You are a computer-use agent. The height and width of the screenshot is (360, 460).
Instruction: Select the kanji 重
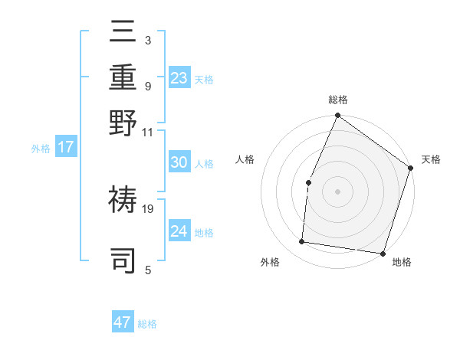pos(123,79)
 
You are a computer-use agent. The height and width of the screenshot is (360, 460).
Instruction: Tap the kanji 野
pos(123,123)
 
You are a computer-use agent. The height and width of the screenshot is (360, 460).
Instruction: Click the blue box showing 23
pos(179,78)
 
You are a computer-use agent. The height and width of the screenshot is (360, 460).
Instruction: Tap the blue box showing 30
pos(179,162)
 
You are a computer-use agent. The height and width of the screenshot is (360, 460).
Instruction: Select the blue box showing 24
pos(179,231)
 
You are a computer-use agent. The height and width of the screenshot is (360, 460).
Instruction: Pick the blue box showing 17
pos(66,147)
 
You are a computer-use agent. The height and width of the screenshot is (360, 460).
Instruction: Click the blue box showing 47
pos(123,322)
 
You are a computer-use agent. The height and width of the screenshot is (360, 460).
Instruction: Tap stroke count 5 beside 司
pos(147,270)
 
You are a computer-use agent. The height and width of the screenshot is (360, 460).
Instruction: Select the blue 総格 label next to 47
pos(147,324)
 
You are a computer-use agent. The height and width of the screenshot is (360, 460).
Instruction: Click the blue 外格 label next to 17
pos(41,149)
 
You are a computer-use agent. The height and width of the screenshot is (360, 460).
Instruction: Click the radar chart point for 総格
pos(337,116)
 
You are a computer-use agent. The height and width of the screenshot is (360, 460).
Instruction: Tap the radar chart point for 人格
pos(308,182)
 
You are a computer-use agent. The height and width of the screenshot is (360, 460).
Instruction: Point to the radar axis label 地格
pos(402,263)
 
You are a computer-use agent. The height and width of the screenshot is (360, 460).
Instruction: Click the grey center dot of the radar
pos(337,191)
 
